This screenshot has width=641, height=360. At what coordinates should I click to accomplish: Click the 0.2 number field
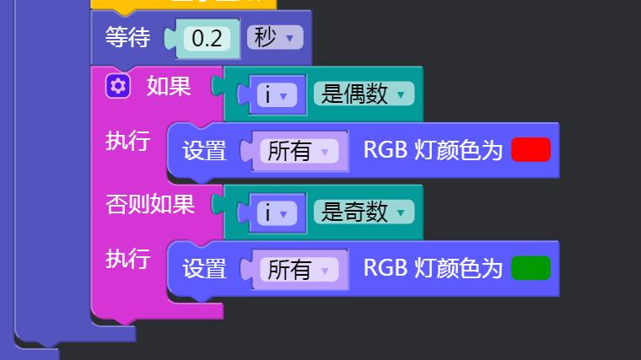point(207,39)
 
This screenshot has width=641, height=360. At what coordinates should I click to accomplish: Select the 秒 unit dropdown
point(275,38)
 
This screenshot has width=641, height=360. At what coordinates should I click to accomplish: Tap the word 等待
point(127,37)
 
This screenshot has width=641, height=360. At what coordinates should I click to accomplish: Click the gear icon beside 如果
point(118,86)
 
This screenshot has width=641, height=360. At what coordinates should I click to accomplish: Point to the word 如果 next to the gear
point(169,86)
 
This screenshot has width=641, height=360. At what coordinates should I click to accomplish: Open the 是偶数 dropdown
point(364,94)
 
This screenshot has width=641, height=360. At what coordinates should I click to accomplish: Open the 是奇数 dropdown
point(364,212)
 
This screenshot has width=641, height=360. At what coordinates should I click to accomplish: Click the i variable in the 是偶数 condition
point(277,95)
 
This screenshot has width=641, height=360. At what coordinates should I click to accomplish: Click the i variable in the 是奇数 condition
point(277,213)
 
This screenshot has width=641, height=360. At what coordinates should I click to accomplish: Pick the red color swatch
point(531,149)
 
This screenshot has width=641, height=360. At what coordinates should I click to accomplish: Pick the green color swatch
point(531,268)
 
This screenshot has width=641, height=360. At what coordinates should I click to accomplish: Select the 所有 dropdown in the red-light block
point(299,151)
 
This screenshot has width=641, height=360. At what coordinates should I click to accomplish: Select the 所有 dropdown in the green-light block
point(299,269)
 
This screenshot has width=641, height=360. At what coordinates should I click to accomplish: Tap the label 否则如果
point(150,204)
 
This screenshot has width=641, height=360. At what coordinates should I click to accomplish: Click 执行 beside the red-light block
point(128,141)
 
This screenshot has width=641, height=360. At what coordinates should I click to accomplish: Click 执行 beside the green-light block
point(128,259)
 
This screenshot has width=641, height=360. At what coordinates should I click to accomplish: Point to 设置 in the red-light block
point(204,150)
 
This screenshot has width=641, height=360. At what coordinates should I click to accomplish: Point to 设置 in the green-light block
point(204,268)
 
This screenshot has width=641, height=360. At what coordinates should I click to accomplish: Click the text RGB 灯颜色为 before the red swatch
point(433,149)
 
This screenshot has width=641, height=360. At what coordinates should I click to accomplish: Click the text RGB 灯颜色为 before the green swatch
point(433,268)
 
